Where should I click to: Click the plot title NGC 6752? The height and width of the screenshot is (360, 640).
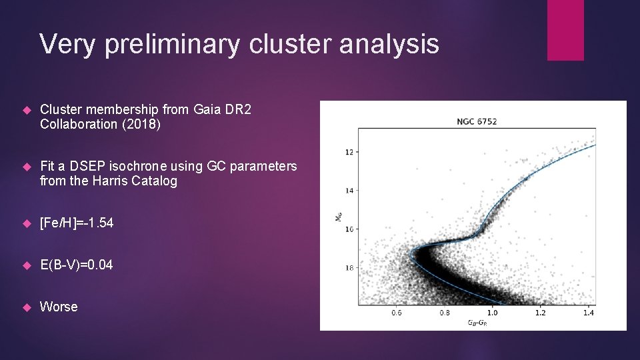click(477, 121)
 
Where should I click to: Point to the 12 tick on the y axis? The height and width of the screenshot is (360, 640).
click(349, 152)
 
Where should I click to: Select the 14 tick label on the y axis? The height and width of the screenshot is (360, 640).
click(349, 191)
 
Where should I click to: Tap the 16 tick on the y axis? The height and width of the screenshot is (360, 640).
click(349, 229)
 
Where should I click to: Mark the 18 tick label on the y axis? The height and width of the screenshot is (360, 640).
click(349, 267)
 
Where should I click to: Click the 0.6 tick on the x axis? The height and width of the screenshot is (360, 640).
click(397, 312)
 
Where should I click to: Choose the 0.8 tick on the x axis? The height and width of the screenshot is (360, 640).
click(445, 312)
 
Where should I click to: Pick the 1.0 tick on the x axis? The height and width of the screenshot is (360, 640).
click(492, 312)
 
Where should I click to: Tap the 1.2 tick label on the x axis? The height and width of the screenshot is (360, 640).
click(540, 312)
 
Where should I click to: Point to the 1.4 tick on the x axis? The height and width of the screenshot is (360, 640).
click(587, 312)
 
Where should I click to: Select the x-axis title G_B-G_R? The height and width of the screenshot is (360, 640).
click(477, 322)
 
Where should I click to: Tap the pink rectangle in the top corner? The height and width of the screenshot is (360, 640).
click(565, 30)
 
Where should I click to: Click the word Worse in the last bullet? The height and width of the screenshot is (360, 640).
click(59, 307)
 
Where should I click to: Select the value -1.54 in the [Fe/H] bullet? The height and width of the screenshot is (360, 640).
click(95, 223)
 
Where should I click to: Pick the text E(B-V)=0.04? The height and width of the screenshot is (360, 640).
click(77, 265)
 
